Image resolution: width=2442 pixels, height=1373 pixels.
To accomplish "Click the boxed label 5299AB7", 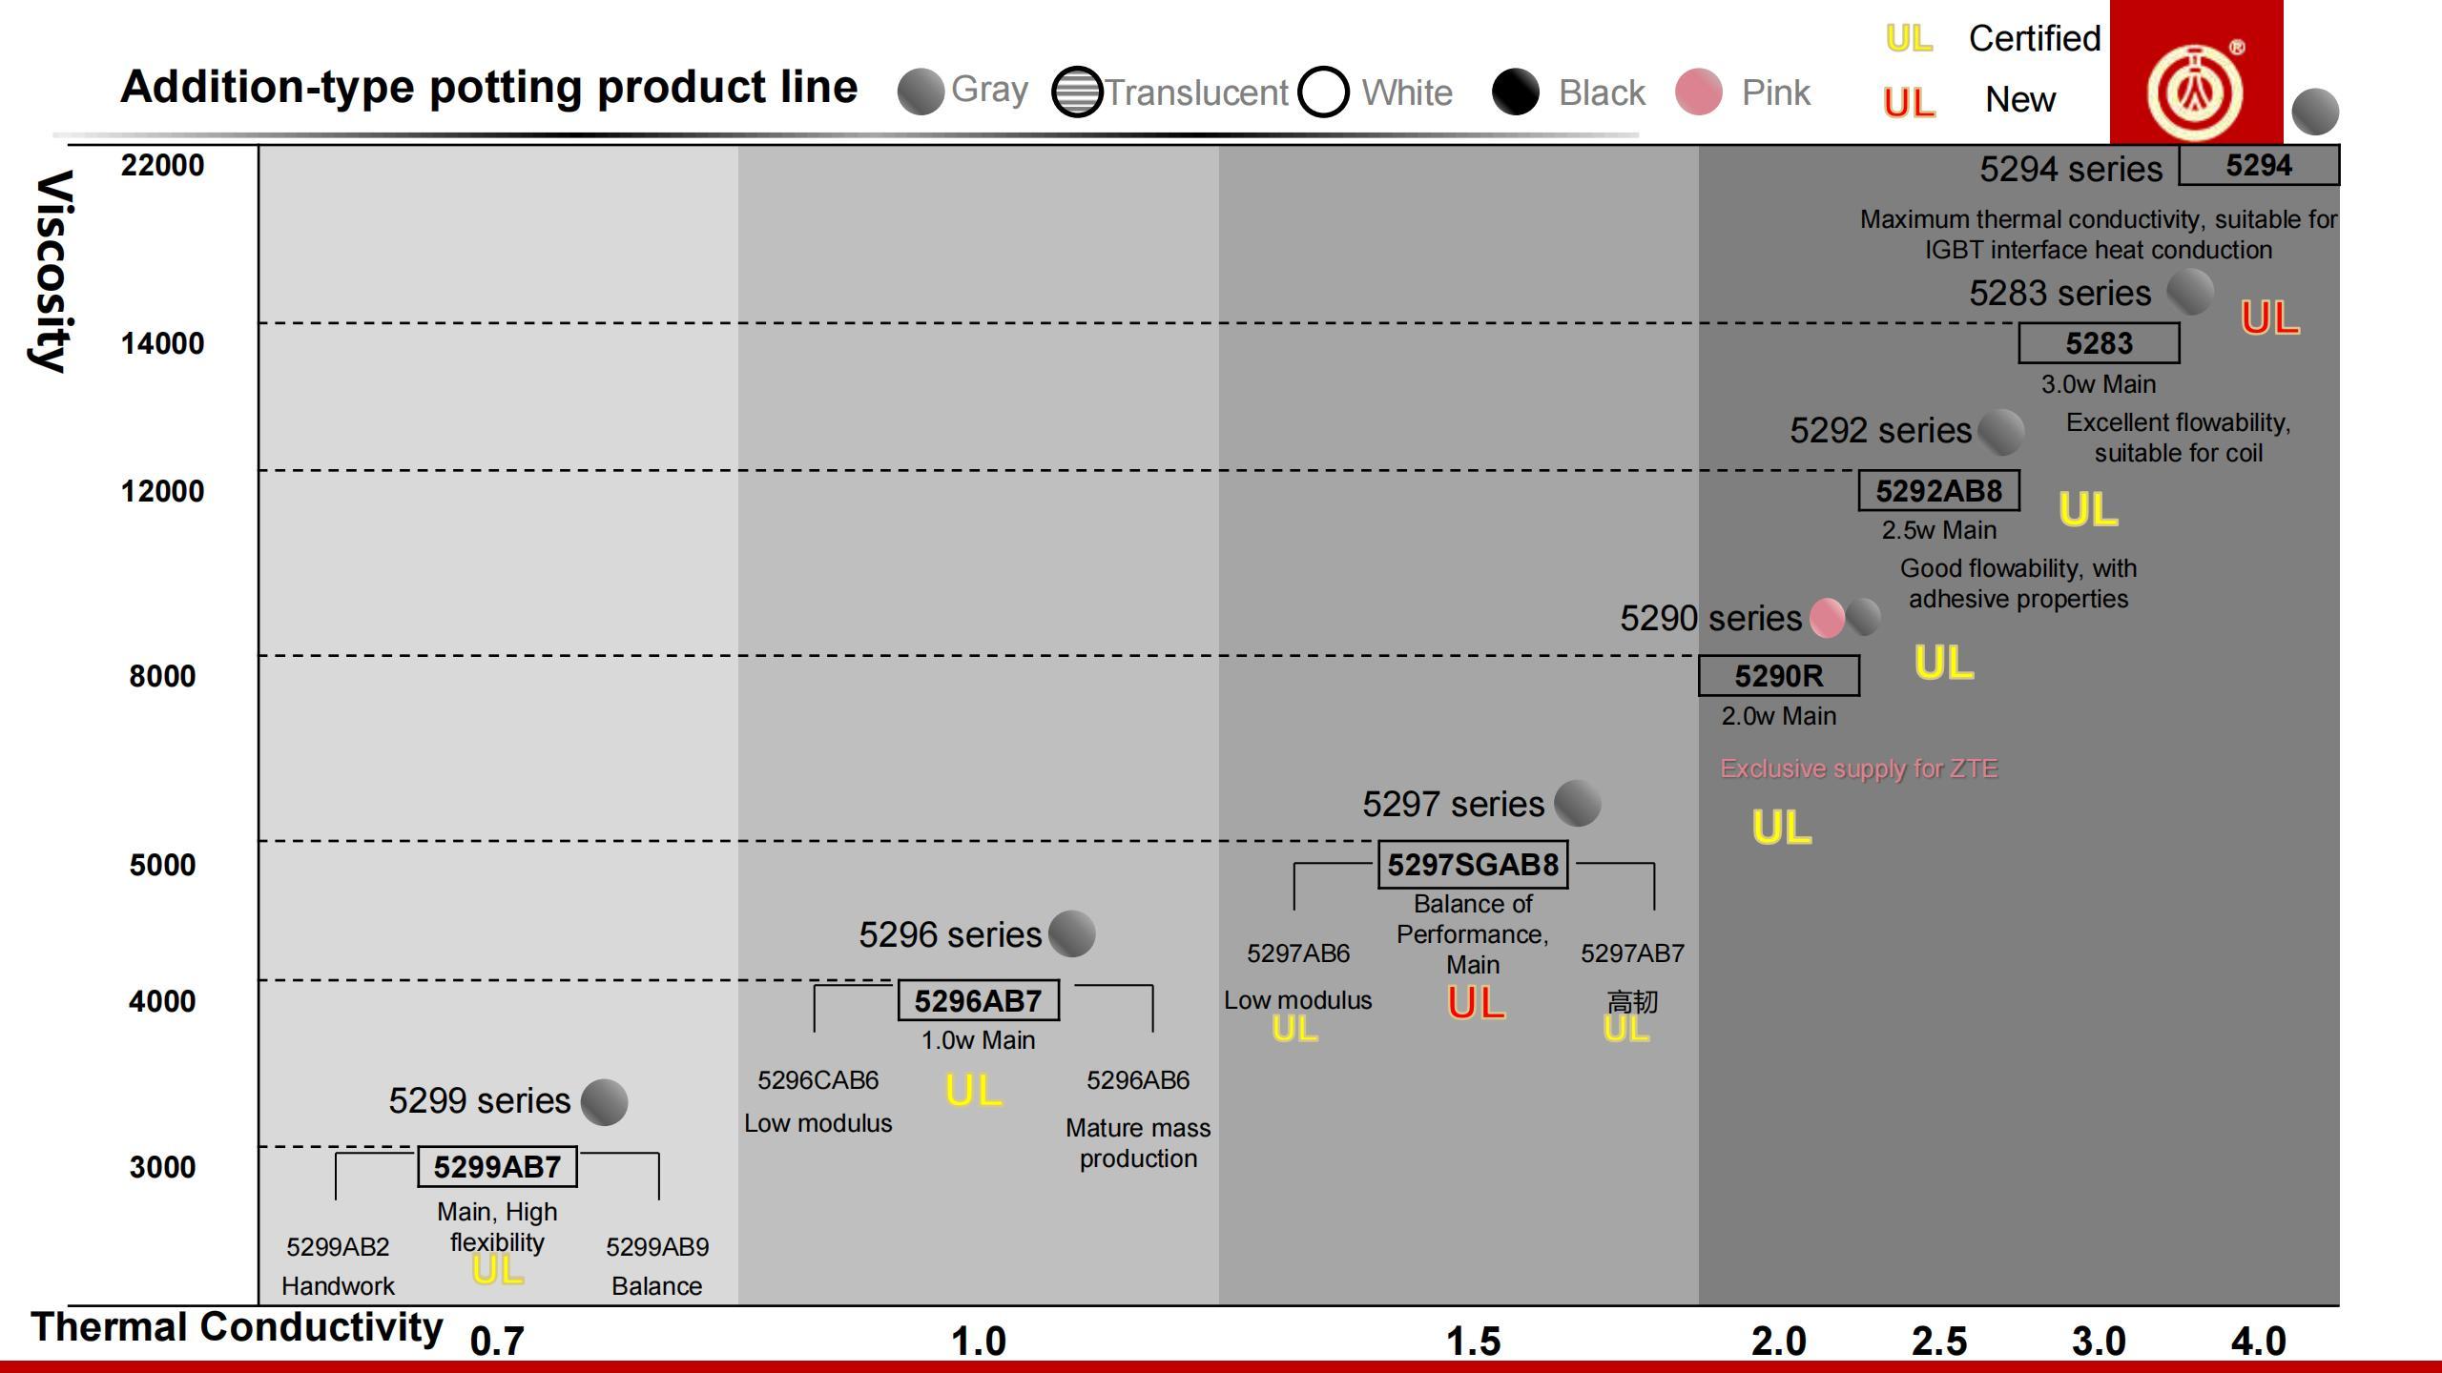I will [x=497, y=1167].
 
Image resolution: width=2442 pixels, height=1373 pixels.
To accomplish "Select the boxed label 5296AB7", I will [x=978, y=1001].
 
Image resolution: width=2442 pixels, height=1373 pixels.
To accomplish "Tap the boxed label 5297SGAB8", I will [x=1473, y=865].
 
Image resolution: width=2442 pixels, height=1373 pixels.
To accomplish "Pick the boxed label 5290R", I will [x=1778, y=676].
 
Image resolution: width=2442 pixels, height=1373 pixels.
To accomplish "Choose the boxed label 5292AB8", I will [x=1938, y=491].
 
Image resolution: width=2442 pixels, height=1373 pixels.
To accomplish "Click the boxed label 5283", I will [x=2099, y=343].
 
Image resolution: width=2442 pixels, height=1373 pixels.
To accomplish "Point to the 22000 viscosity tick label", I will [x=162, y=166].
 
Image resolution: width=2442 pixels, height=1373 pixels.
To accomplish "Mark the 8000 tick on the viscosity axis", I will [x=162, y=676].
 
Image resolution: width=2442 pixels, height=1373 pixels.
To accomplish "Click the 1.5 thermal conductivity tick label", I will [x=1473, y=1342].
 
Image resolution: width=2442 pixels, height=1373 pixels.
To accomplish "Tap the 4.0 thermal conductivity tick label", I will [x=2258, y=1342].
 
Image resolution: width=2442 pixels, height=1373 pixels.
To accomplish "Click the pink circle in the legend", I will [x=1698, y=92].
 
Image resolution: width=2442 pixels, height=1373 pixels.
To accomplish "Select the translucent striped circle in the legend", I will [x=1077, y=92].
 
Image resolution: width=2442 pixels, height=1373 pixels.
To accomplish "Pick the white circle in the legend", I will [x=1323, y=92].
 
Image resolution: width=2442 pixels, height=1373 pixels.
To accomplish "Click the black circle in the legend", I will [x=1515, y=92].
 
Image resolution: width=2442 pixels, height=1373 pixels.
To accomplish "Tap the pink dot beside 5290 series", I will [x=1826, y=618].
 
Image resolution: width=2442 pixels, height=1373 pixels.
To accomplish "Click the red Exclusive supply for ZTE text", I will [x=1858, y=768].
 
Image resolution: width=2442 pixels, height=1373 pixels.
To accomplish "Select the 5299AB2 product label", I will [x=338, y=1247].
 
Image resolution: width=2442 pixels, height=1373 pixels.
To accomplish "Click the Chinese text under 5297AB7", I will [x=1632, y=1002].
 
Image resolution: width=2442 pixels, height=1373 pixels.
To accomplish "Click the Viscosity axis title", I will [x=52, y=272].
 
